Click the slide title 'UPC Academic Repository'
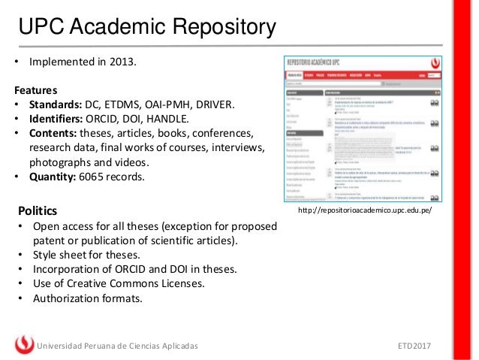(x=147, y=28)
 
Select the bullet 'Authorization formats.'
(x=86, y=298)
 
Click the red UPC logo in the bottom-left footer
(x=24, y=345)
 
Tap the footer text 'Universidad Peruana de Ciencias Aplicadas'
(x=118, y=346)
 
